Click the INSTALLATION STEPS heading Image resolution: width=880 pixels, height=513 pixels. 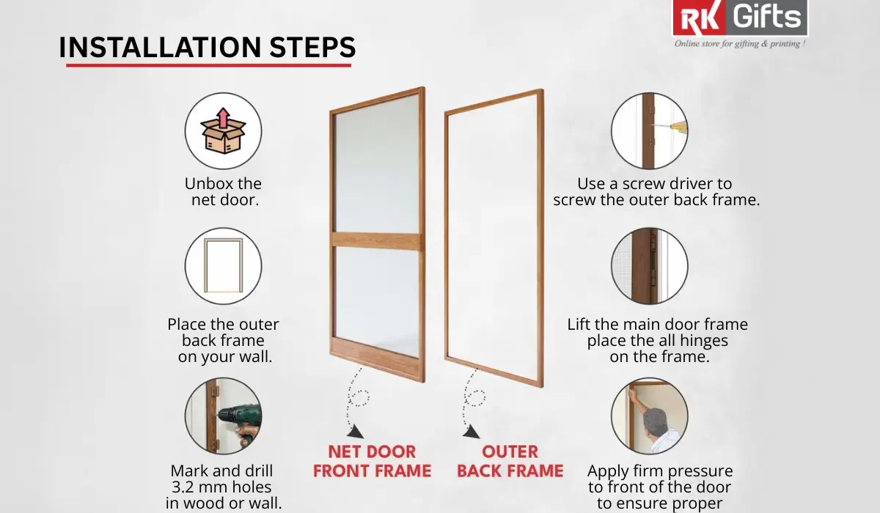[x=207, y=47]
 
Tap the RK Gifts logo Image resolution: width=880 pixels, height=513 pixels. [x=740, y=18]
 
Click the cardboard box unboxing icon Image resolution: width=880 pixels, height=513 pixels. [x=223, y=130]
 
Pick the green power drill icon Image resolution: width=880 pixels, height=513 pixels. [x=223, y=416]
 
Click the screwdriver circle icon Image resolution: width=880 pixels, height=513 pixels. [x=650, y=130]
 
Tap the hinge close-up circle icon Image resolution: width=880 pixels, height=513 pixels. [x=650, y=265]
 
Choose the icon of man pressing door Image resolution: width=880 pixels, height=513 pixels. [x=650, y=416]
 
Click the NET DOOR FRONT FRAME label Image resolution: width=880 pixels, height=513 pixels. [x=372, y=461]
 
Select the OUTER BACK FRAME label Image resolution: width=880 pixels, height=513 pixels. [x=510, y=461]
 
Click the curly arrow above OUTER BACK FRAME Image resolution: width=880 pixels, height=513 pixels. [x=472, y=402]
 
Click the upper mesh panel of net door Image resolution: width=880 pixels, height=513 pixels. [x=376, y=165]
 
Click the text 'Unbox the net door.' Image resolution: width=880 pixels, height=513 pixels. [x=224, y=191]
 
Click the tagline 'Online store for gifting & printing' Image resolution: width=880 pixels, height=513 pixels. [x=740, y=44]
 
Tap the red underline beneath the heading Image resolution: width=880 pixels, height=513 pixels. [x=208, y=65]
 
